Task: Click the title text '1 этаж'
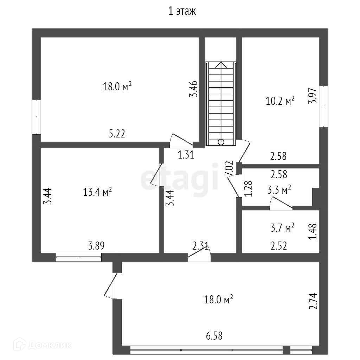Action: [x=182, y=11]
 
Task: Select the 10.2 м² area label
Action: [x=280, y=102]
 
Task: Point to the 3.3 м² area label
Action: [x=279, y=191]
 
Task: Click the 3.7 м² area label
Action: [x=283, y=228]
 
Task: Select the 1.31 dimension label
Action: [x=186, y=155]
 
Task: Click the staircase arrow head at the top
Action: [x=221, y=65]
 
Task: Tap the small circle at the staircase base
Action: [x=221, y=142]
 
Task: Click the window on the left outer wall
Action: [x=37, y=117]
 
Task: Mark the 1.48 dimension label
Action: [x=313, y=232]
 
